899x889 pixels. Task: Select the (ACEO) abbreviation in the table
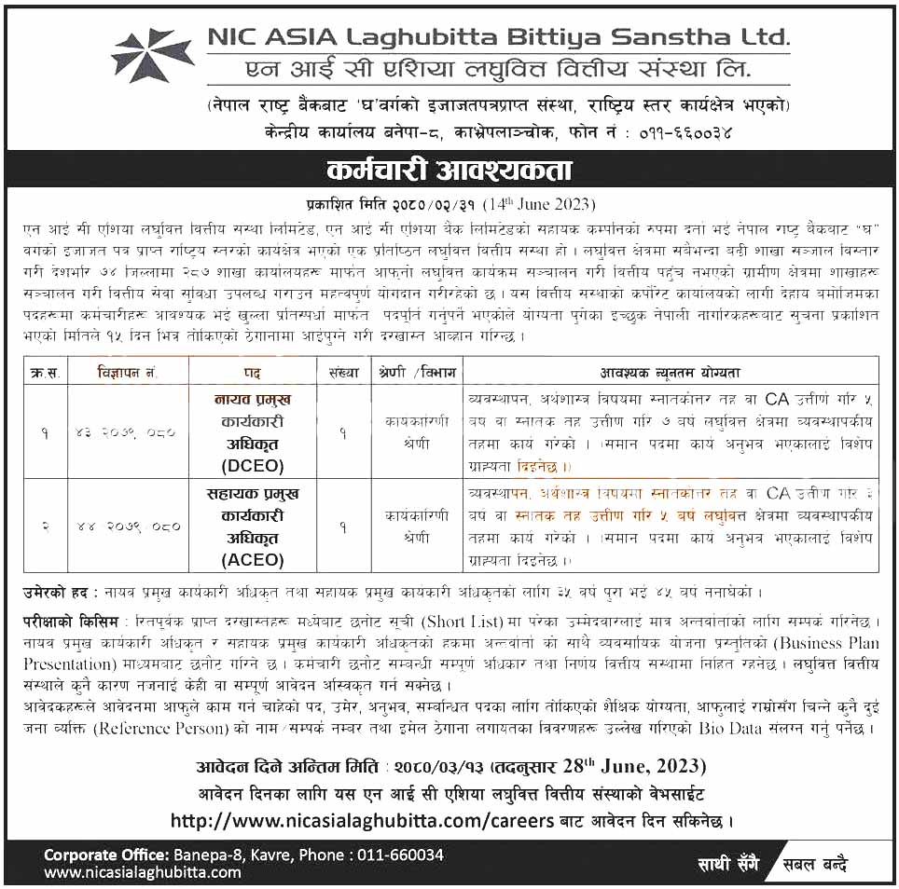pos(253,559)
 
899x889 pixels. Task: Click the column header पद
pos(252,373)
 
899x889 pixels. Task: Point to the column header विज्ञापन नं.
pos(128,373)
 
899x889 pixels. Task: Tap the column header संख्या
pos(343,373)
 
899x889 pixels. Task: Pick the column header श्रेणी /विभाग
pos(417,373)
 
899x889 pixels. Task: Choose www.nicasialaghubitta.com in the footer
pos(143,872)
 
